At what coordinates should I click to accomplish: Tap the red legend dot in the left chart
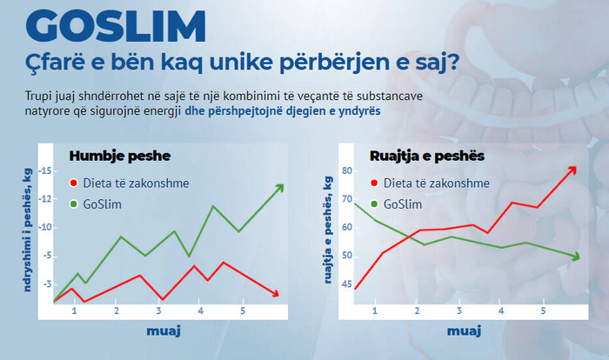[x=74, y=184]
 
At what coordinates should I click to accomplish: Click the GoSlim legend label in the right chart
[x=402, y=204]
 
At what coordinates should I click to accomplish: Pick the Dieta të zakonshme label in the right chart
[x=430, y=183]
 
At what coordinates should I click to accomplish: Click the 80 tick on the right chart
[x=346, y=171]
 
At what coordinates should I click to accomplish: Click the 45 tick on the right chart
[x=346, y=284]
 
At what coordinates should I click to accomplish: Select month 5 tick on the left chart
[x=242, y=310]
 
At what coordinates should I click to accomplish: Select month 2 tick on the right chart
[x=417, y=310]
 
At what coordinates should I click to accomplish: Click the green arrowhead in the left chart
[x=279, y=188]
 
